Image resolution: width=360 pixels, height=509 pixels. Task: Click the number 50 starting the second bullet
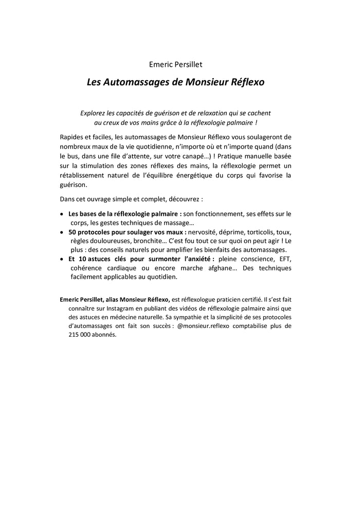[x=73, y=232]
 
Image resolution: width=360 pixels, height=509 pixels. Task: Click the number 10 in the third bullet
[x=83, y=259]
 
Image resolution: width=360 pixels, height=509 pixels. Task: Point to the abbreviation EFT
[x=284, y=259]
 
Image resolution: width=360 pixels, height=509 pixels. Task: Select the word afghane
[x=212, y=268]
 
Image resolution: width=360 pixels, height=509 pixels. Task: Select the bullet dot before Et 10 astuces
[x=62, y=259]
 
